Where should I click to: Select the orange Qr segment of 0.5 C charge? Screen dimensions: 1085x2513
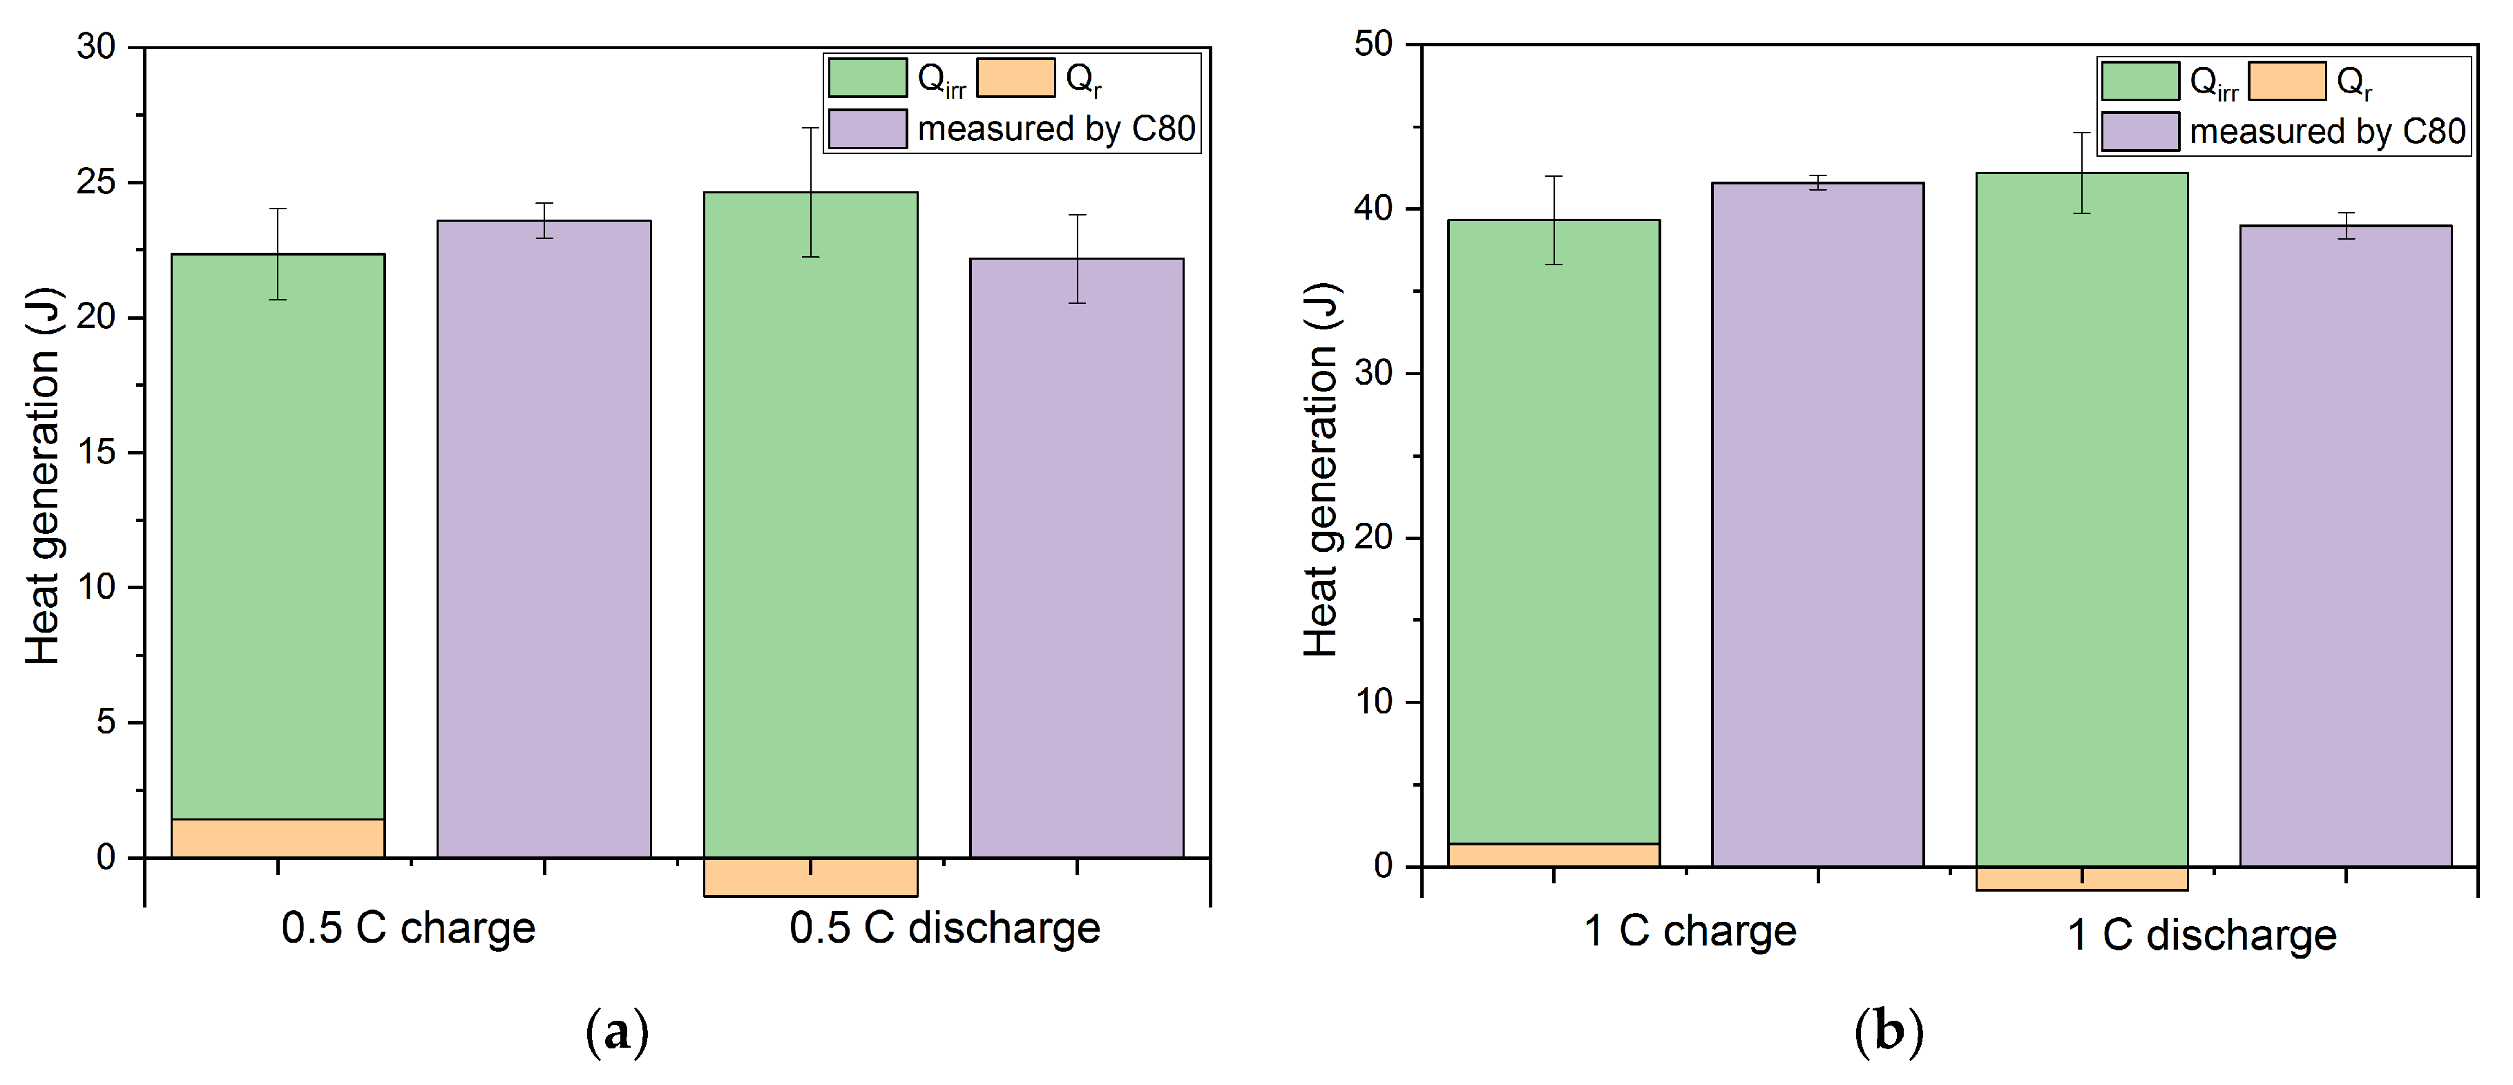click(x=277, y=838)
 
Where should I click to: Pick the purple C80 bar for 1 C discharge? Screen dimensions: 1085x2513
click(x=2345, y=546)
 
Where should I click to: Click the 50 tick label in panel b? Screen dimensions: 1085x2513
click(x=1373, y=45)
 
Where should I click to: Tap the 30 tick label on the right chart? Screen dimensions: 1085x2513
click(x=1373, y=374)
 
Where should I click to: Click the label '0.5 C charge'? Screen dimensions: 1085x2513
click(x=408, y=928)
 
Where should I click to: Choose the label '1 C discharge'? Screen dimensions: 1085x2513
click(x=2201, y=934)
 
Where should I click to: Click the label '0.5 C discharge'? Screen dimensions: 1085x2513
click(x=944, y=928)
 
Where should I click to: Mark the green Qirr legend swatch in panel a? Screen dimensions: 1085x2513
click(x=868, y=78)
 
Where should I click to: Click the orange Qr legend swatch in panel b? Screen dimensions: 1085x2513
click(x=2286, y=81)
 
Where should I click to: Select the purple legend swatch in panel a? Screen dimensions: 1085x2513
click(x=868, y=128)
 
